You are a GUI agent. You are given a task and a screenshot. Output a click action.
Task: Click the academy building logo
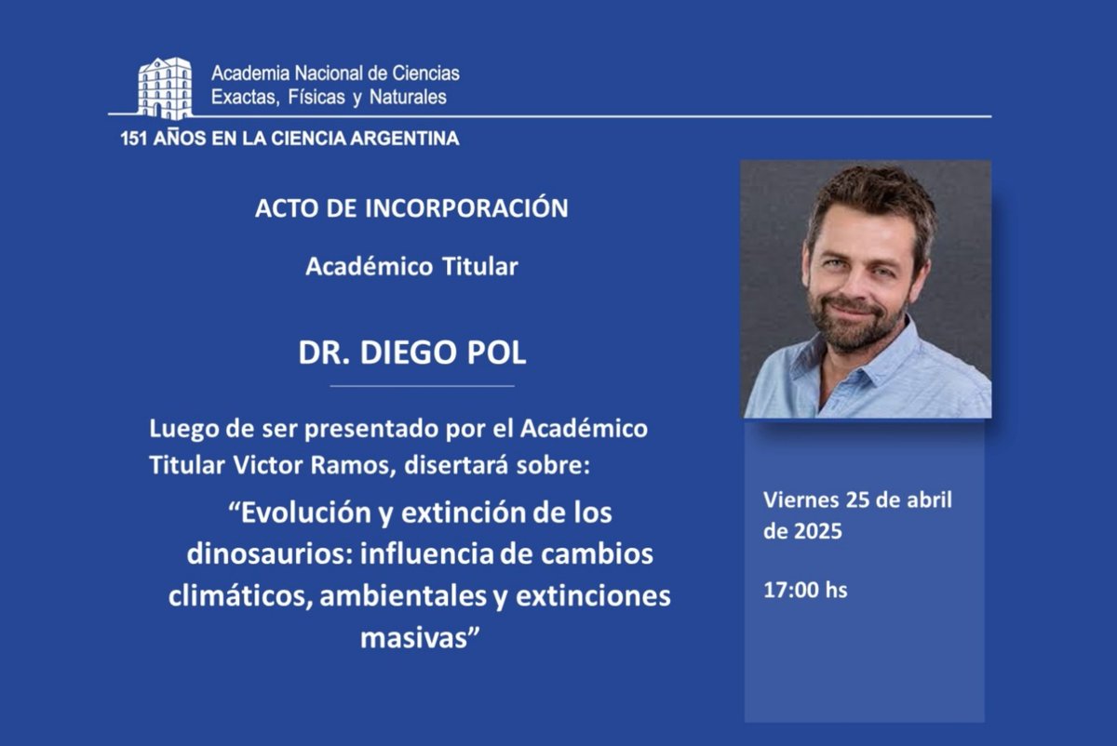[x=165, y=87]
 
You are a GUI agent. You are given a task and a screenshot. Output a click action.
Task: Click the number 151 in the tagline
[x=136, y=140]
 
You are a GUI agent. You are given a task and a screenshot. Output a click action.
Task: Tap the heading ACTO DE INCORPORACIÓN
[x=411, y=208]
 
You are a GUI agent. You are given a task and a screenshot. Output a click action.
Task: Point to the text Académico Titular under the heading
[x=411, y=267]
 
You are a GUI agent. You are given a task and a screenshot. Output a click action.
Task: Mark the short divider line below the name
[x=422, y=385]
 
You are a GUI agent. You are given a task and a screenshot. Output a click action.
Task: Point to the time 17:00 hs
[x=805, y=590]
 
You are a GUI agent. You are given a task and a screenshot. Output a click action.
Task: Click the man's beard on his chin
[x=856, y=335]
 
